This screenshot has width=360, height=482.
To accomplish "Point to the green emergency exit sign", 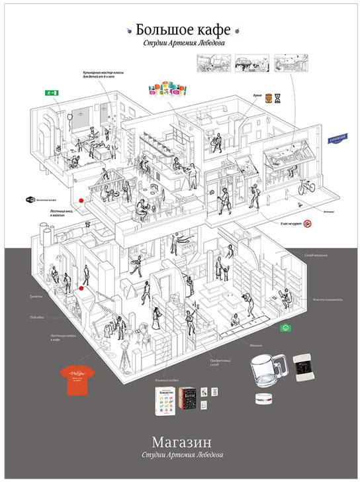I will tap(50, 95).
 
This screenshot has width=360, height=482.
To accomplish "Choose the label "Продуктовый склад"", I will tap(211, 361).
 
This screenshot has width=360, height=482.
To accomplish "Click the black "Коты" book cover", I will tap(191, 399).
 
